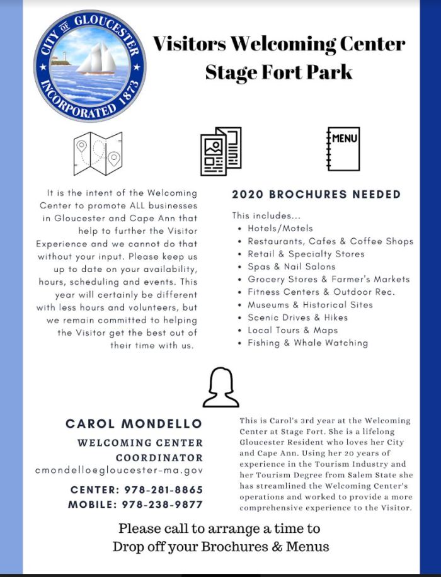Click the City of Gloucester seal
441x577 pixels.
[90, 66]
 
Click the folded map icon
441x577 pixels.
[98, 153]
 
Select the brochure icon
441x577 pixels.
[220, 151]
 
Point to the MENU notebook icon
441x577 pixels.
[343, 149]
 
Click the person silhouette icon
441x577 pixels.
[220, 387]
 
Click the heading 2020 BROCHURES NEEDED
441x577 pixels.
[316, 194]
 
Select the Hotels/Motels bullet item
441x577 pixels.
[280, 228]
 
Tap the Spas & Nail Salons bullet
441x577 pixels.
[291, 266]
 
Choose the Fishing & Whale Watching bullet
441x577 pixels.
[307, 343]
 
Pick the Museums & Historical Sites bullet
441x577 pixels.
[310, 304]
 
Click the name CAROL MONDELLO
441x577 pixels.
[134, 424]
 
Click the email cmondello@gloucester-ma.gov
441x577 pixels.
[119, 470]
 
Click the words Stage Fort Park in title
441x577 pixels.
[278, 72]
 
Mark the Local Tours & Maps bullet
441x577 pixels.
[292, 330]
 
